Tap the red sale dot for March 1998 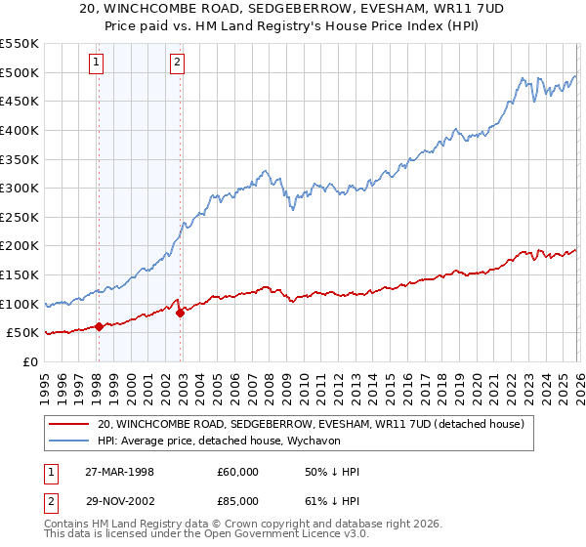coord(99,327)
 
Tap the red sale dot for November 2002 coord(180,313)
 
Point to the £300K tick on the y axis coord(20,188)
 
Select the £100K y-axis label coord(20,304)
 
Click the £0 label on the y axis coord(29,361)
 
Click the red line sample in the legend coord(68,425)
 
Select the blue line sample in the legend coord(68,442)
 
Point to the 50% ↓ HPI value coord(332,472)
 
